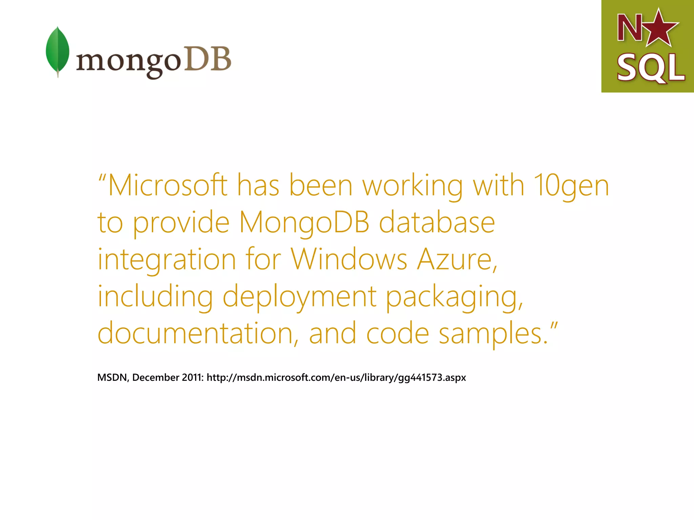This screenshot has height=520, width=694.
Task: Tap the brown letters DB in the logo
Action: pyautogui.click(x=207, y=59)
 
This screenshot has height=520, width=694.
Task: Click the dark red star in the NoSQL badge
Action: pyautogui.click(x=659, y=28)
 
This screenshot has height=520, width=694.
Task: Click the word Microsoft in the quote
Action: pyautogui.click(x=168, y=185)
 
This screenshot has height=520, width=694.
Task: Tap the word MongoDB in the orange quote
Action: pyautogui.click(x=304, y=222)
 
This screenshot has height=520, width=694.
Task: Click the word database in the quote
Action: pyautogui.click(x=437, y=222)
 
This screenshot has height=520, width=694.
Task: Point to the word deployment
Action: pyautogui.click(x=300, y=297)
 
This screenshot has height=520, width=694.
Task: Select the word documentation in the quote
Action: pyautogui.click(x=195, y=333)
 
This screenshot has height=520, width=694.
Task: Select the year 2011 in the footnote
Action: pyautogui.click(x=192, y=377)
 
